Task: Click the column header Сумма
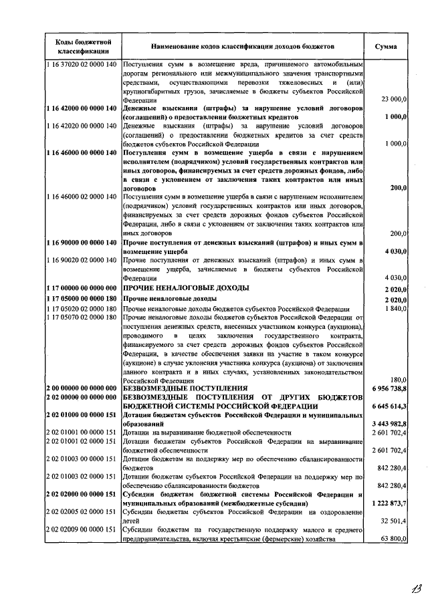385,47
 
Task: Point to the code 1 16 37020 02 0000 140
82,64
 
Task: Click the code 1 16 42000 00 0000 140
82,108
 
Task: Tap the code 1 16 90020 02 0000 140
82,259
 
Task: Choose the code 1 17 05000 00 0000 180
82,298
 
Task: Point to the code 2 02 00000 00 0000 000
82,397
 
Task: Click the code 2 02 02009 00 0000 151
82,529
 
